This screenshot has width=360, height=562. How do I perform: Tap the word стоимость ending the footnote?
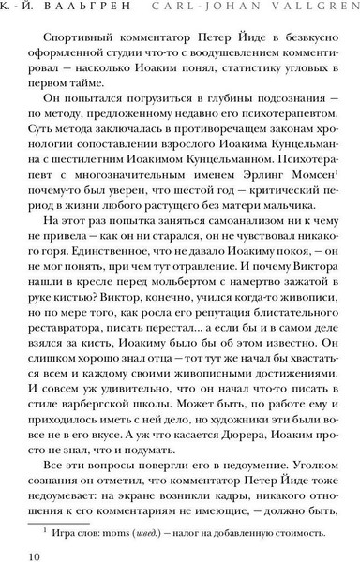click(302, 534)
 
